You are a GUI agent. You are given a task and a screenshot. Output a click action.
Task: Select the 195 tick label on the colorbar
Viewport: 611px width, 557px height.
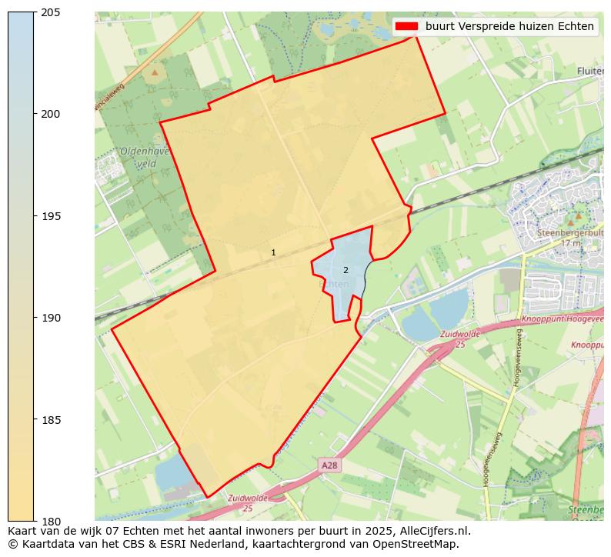pos(51,215)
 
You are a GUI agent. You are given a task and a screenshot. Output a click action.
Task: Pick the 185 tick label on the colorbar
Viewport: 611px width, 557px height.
pos(51,419)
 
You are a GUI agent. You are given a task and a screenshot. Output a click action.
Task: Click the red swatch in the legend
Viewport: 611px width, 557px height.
pos(406,26)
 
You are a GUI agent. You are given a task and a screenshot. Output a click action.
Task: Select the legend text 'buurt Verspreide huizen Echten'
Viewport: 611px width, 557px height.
pos(509,26)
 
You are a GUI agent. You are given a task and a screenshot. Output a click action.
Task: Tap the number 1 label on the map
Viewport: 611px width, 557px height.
pos(273,252)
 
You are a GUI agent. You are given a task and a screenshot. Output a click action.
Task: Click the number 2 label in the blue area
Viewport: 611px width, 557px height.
pos(346,270)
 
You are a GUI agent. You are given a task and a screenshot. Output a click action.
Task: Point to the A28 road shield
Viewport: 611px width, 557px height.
pos(329,465)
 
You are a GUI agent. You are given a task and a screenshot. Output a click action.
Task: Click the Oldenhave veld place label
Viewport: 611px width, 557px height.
pos(143,158)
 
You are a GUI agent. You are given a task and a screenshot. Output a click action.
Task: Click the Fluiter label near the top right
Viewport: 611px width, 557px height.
pos(589,71)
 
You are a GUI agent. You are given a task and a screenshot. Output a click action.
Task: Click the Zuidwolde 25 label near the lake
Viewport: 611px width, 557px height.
pos(459,339)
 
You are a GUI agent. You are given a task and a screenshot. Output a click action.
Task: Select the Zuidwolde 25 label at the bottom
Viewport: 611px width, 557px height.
pos(248,503)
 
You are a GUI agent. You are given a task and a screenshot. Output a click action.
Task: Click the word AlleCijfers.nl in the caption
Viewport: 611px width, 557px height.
pos(431,531)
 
